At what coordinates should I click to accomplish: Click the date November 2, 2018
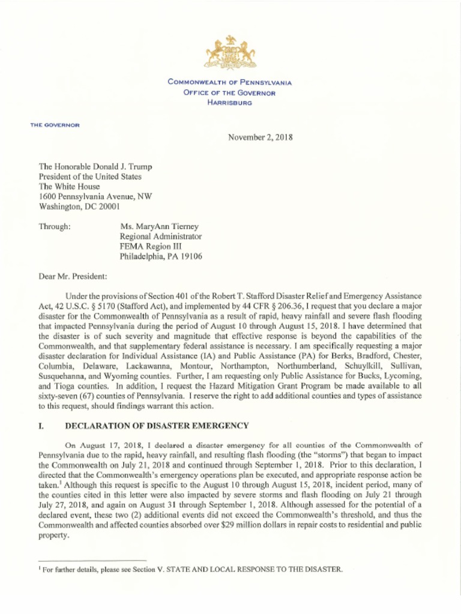click(261, 137)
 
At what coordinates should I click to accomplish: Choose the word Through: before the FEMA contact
click(55, 227)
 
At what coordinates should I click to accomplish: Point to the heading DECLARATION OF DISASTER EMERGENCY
click(156, 426)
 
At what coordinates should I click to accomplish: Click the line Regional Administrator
click(161, 236)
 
